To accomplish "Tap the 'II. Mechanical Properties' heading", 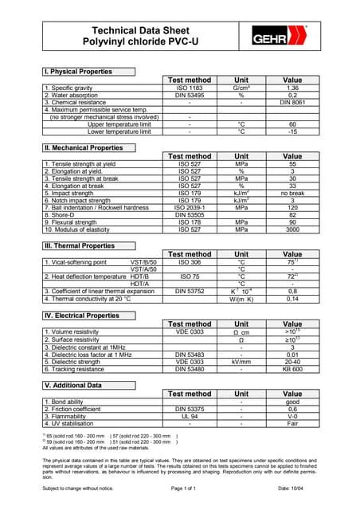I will click(x=83, y=148).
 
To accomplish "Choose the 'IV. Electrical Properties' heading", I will click(x=82, y=316).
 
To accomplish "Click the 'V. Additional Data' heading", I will click(x=72, y=386).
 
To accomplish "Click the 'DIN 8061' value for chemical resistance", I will click(x=292, y=103).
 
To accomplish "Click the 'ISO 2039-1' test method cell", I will click(x=190, y=207).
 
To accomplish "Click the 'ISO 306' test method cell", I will click(x=190, y=262).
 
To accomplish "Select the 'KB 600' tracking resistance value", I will click(x=292, y=370).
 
